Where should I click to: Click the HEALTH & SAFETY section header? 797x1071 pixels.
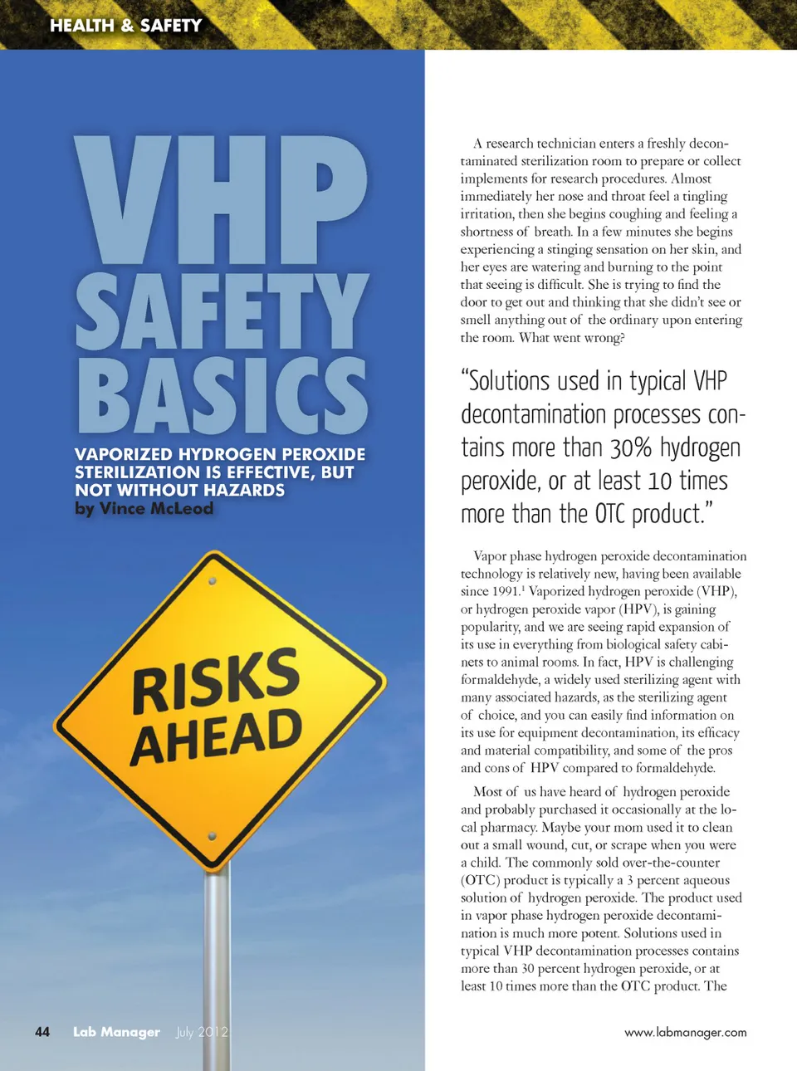click(125, 26)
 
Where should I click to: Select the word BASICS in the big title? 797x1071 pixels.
click(221, 396)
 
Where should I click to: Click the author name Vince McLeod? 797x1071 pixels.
click(156, 508)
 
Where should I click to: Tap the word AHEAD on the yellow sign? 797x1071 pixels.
click(217, 736)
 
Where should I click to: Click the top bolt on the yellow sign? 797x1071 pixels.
click(213, 582)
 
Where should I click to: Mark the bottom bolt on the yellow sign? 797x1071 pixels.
click(212, 836)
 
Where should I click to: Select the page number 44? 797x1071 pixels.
click(42, 1032)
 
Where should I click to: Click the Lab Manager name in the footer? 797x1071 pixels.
click(116, 1032)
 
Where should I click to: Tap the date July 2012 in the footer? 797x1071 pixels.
click(202, 1032)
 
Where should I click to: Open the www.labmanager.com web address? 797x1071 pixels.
click(685, 1033)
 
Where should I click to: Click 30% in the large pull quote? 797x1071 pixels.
click(631, 448)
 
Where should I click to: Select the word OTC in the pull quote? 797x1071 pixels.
click(609, 515)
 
